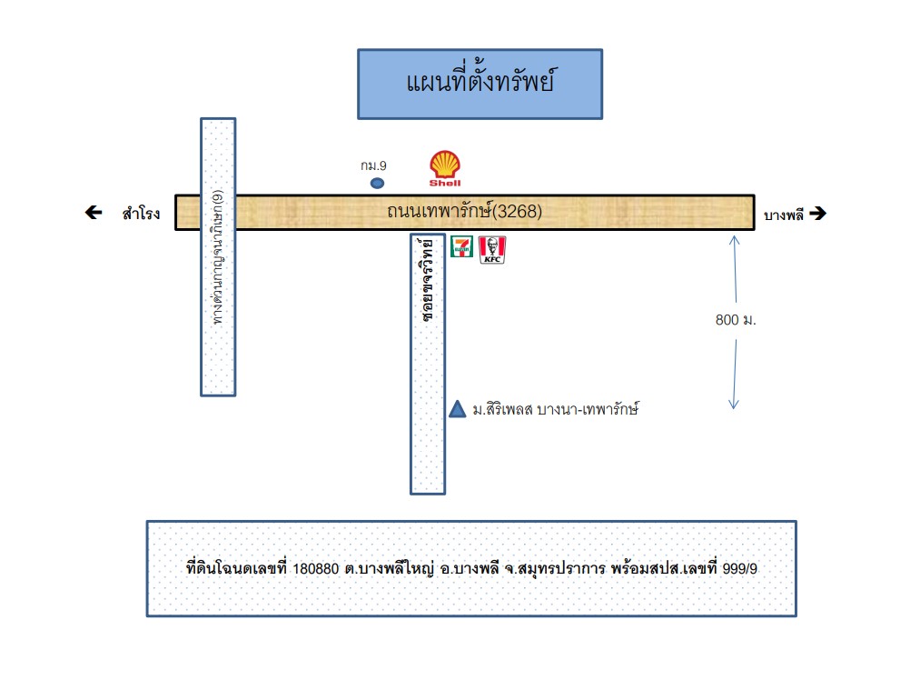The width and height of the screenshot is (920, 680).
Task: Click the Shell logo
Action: (x=445, y=168)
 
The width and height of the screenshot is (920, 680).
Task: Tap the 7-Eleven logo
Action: (x=461, y=246)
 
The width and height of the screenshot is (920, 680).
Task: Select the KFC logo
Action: (x=492, y=250)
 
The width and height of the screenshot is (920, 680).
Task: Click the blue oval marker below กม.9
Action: (x=377, y=184)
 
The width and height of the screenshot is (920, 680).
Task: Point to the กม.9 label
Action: (x=374, y=166)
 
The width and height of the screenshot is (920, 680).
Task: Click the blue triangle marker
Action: (x=458, y=409)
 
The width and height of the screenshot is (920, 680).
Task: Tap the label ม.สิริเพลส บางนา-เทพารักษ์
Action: (x=556, y=409)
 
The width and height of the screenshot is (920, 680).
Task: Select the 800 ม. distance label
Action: (x=736, y=320)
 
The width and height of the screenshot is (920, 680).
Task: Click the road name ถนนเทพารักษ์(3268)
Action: (x=465, y=211)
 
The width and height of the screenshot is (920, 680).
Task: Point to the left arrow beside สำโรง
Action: (x=94, y=212)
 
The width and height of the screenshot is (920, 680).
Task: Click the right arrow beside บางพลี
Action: (x=818, y=214)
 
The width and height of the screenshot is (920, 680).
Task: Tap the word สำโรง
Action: (x=141, y=213)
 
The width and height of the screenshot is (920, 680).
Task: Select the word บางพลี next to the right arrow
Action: (x=783, y=215)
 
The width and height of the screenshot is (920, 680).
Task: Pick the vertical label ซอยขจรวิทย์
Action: (x=429, y=279)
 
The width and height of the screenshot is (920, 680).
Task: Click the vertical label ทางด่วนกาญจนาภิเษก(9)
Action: (x=218, y=257)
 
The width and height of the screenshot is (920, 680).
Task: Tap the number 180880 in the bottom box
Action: (x=316, y=569)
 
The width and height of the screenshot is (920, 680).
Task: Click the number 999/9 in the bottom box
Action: (x=740, y=568)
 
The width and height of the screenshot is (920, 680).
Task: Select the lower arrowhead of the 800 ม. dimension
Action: (x=734, y=406)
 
